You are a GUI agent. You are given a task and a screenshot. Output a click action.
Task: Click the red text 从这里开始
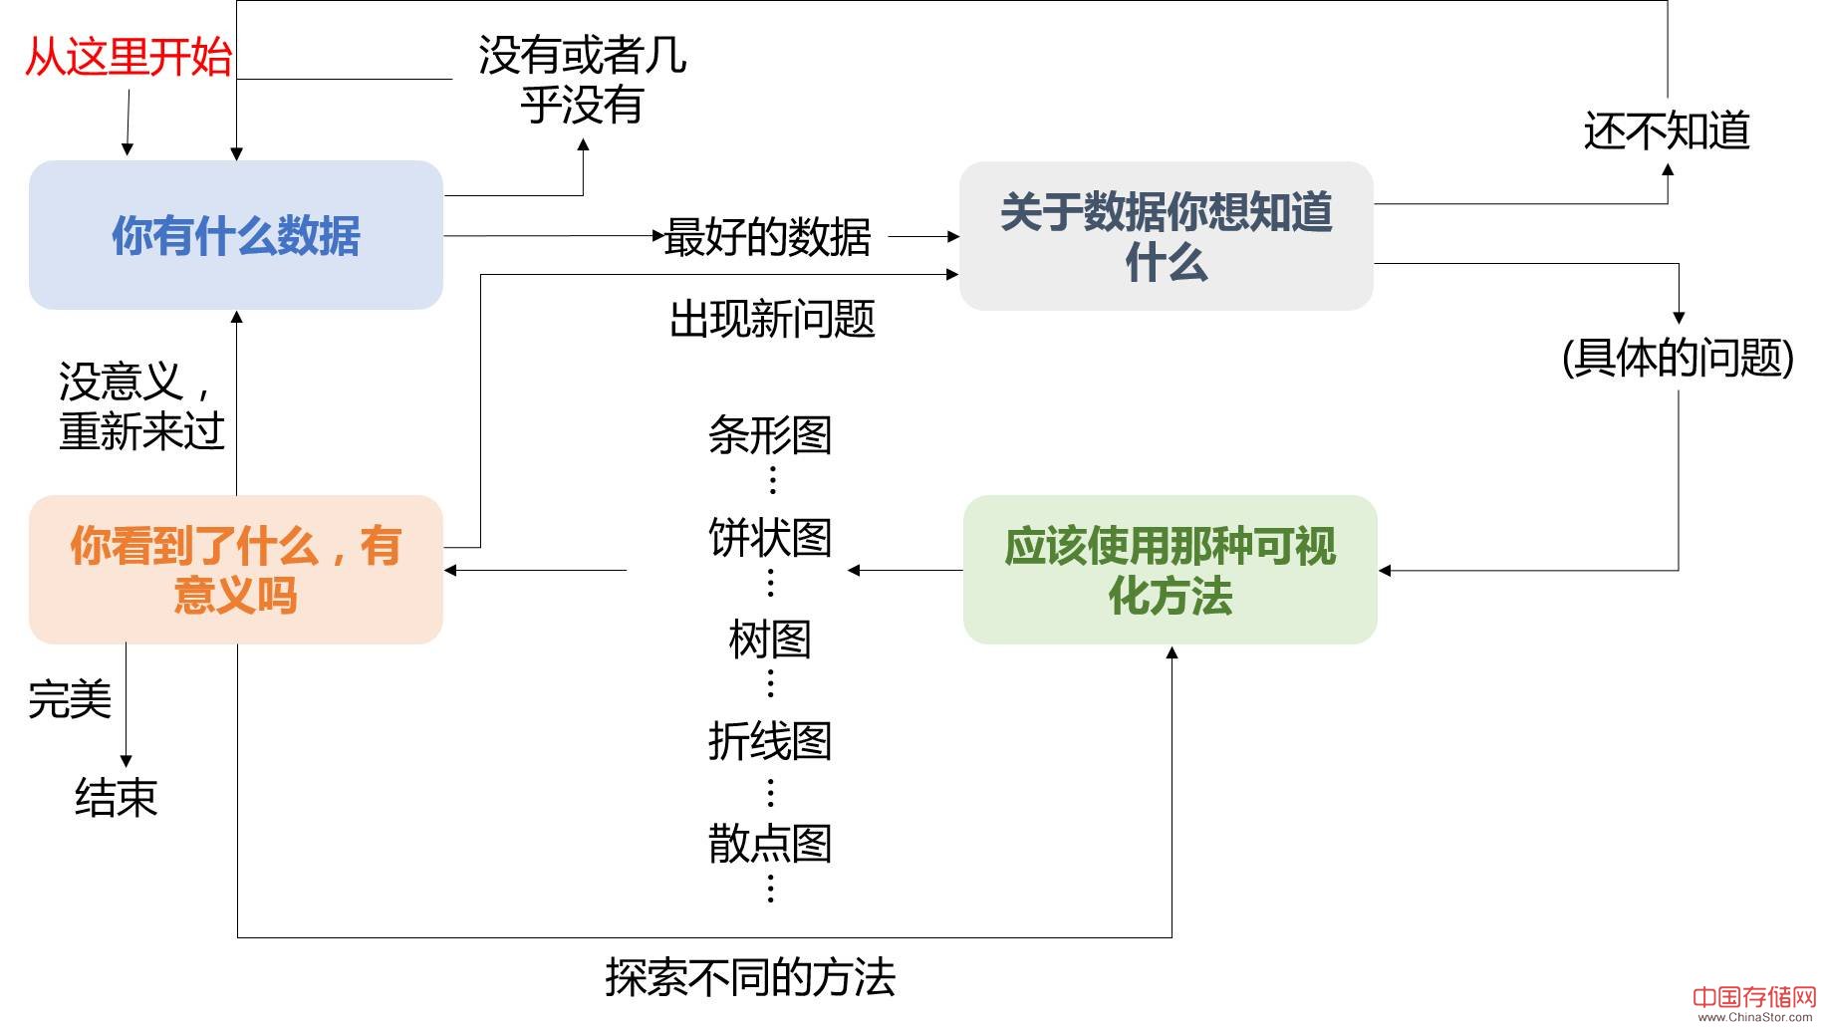(128, 57)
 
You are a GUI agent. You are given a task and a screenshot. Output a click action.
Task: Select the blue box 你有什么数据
(236, 236)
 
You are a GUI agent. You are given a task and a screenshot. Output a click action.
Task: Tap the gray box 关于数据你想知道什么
(1166, 237)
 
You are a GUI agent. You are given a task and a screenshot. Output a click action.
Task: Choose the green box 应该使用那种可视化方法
(1170, 571)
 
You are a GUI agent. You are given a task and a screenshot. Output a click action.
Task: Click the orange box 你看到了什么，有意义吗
(236, 571)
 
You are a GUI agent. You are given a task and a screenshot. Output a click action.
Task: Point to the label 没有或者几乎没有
(582, 80)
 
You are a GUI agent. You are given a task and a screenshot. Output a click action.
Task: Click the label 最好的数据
(768, 237)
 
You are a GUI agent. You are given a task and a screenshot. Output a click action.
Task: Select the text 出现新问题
(772, 320)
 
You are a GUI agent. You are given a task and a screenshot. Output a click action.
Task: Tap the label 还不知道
(1667, 131)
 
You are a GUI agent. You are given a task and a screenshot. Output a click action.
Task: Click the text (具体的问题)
(1679, 358)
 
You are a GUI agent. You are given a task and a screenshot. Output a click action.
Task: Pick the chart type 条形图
(770, 435)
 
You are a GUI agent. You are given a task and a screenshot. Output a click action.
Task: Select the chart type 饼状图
(770, 538)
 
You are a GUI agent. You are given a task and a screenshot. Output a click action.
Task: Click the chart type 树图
(770, 640)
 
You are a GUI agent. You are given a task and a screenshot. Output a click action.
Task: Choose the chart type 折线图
(770, 741)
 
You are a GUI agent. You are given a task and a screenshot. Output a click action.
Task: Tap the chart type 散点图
(770, 844)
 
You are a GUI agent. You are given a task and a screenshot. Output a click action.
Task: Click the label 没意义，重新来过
(140, 406)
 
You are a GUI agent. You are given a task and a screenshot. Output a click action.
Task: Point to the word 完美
(70, 699)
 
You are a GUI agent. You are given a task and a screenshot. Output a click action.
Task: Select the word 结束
(117, 798)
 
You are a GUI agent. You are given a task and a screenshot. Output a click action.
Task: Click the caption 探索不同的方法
(750, 978)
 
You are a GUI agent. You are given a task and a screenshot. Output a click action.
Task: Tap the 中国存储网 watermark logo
(1754, 1000)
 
